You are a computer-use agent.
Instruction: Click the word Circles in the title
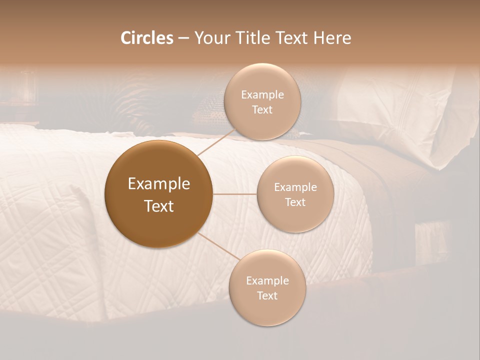point(146,38)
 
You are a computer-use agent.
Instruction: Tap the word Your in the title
point(211,38)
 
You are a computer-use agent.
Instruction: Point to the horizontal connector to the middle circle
point(234,194)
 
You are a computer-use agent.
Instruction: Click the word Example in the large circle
point(158,184)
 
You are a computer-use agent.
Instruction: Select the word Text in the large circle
point(158,206)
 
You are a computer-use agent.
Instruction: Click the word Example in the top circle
point(262,95)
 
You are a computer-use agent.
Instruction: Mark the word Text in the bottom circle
point(267,295)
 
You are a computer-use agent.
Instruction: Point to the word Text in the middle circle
point(295,202)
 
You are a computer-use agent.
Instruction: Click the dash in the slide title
point(183,38)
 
